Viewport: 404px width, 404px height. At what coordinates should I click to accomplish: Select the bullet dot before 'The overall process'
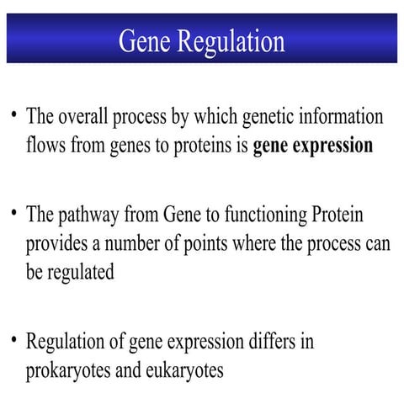tap(14, 112)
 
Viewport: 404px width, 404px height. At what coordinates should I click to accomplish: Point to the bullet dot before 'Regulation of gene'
tap(14, 340)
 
